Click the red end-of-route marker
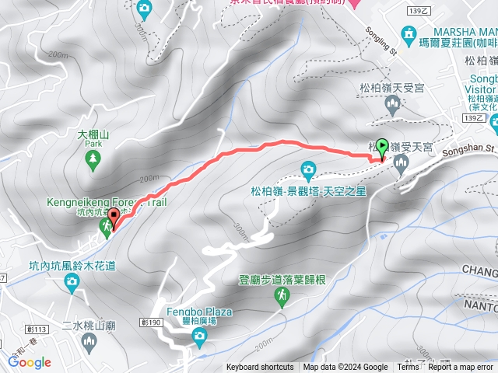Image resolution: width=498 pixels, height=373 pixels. tap(114, 218)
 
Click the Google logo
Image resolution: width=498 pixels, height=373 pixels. tap(30, 362)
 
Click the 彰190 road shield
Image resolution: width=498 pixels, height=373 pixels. tap(152, 299)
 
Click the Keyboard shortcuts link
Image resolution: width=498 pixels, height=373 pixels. tap(261, 368)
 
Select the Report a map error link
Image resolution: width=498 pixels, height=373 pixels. tap(461, 368)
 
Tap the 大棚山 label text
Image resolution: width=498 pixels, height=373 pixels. tap(93, 134)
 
